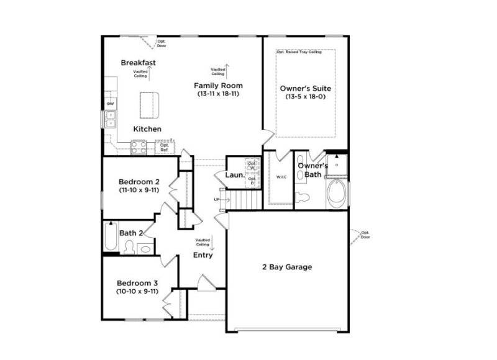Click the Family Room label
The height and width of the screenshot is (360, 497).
218,86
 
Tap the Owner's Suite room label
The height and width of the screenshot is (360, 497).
306,88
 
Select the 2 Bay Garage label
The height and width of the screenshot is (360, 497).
286,268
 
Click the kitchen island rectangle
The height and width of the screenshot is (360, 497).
150,104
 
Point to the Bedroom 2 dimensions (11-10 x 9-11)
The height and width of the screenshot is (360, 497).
139,190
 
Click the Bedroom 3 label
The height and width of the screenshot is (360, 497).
139,282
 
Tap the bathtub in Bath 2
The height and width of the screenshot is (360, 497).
111,236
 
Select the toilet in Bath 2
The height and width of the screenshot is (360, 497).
129,247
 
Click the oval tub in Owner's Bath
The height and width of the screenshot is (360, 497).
337,195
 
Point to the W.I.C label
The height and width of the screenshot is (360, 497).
281,177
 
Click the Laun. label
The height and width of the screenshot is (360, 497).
235,176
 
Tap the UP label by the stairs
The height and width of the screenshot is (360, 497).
217,200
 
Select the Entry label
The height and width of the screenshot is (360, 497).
203,255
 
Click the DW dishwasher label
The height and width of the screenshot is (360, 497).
111,104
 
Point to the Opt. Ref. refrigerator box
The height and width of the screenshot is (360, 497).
165,147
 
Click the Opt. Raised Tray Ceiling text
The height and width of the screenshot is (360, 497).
299,52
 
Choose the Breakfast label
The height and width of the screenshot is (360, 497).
138,63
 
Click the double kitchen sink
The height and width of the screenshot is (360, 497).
111,119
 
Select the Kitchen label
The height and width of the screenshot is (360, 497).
147,129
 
